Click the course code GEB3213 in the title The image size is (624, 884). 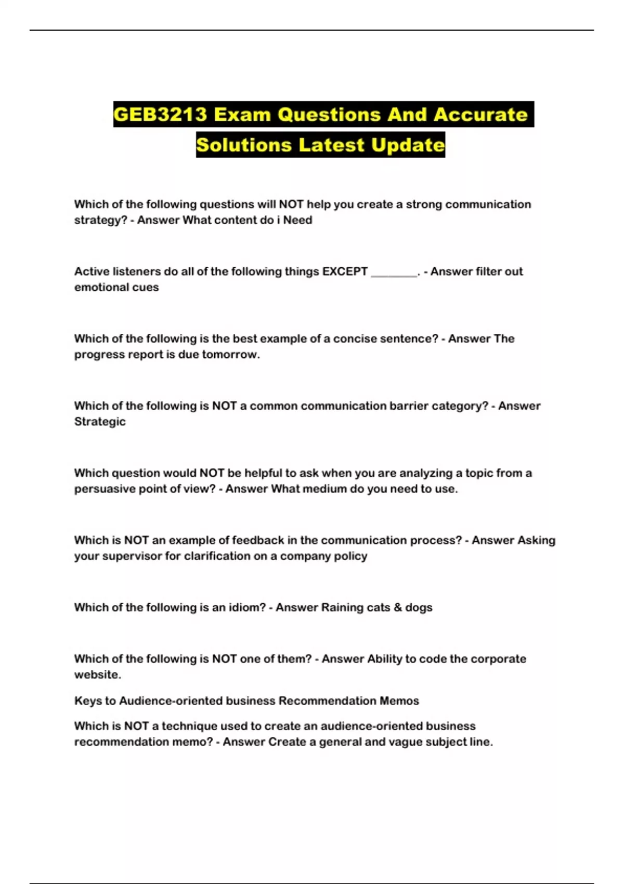[161, 114]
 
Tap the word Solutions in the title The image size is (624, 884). [243, 145]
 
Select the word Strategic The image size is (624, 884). [100, 422]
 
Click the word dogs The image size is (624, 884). [419, 607]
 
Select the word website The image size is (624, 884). [97, 674]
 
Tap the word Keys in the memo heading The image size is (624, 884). [88, 701]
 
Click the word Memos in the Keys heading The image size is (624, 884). [399, 701]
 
